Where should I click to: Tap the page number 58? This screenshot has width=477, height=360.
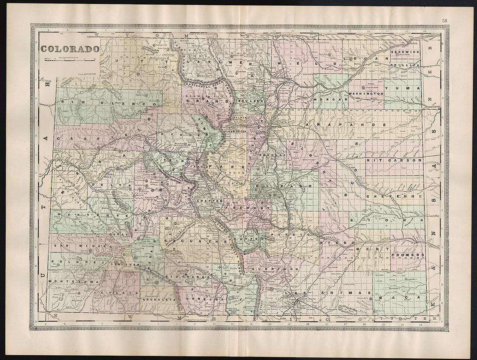[x=445, y=20]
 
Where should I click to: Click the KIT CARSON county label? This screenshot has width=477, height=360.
[x=394, y=160]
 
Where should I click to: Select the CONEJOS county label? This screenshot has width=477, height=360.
[x=199, y=299]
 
